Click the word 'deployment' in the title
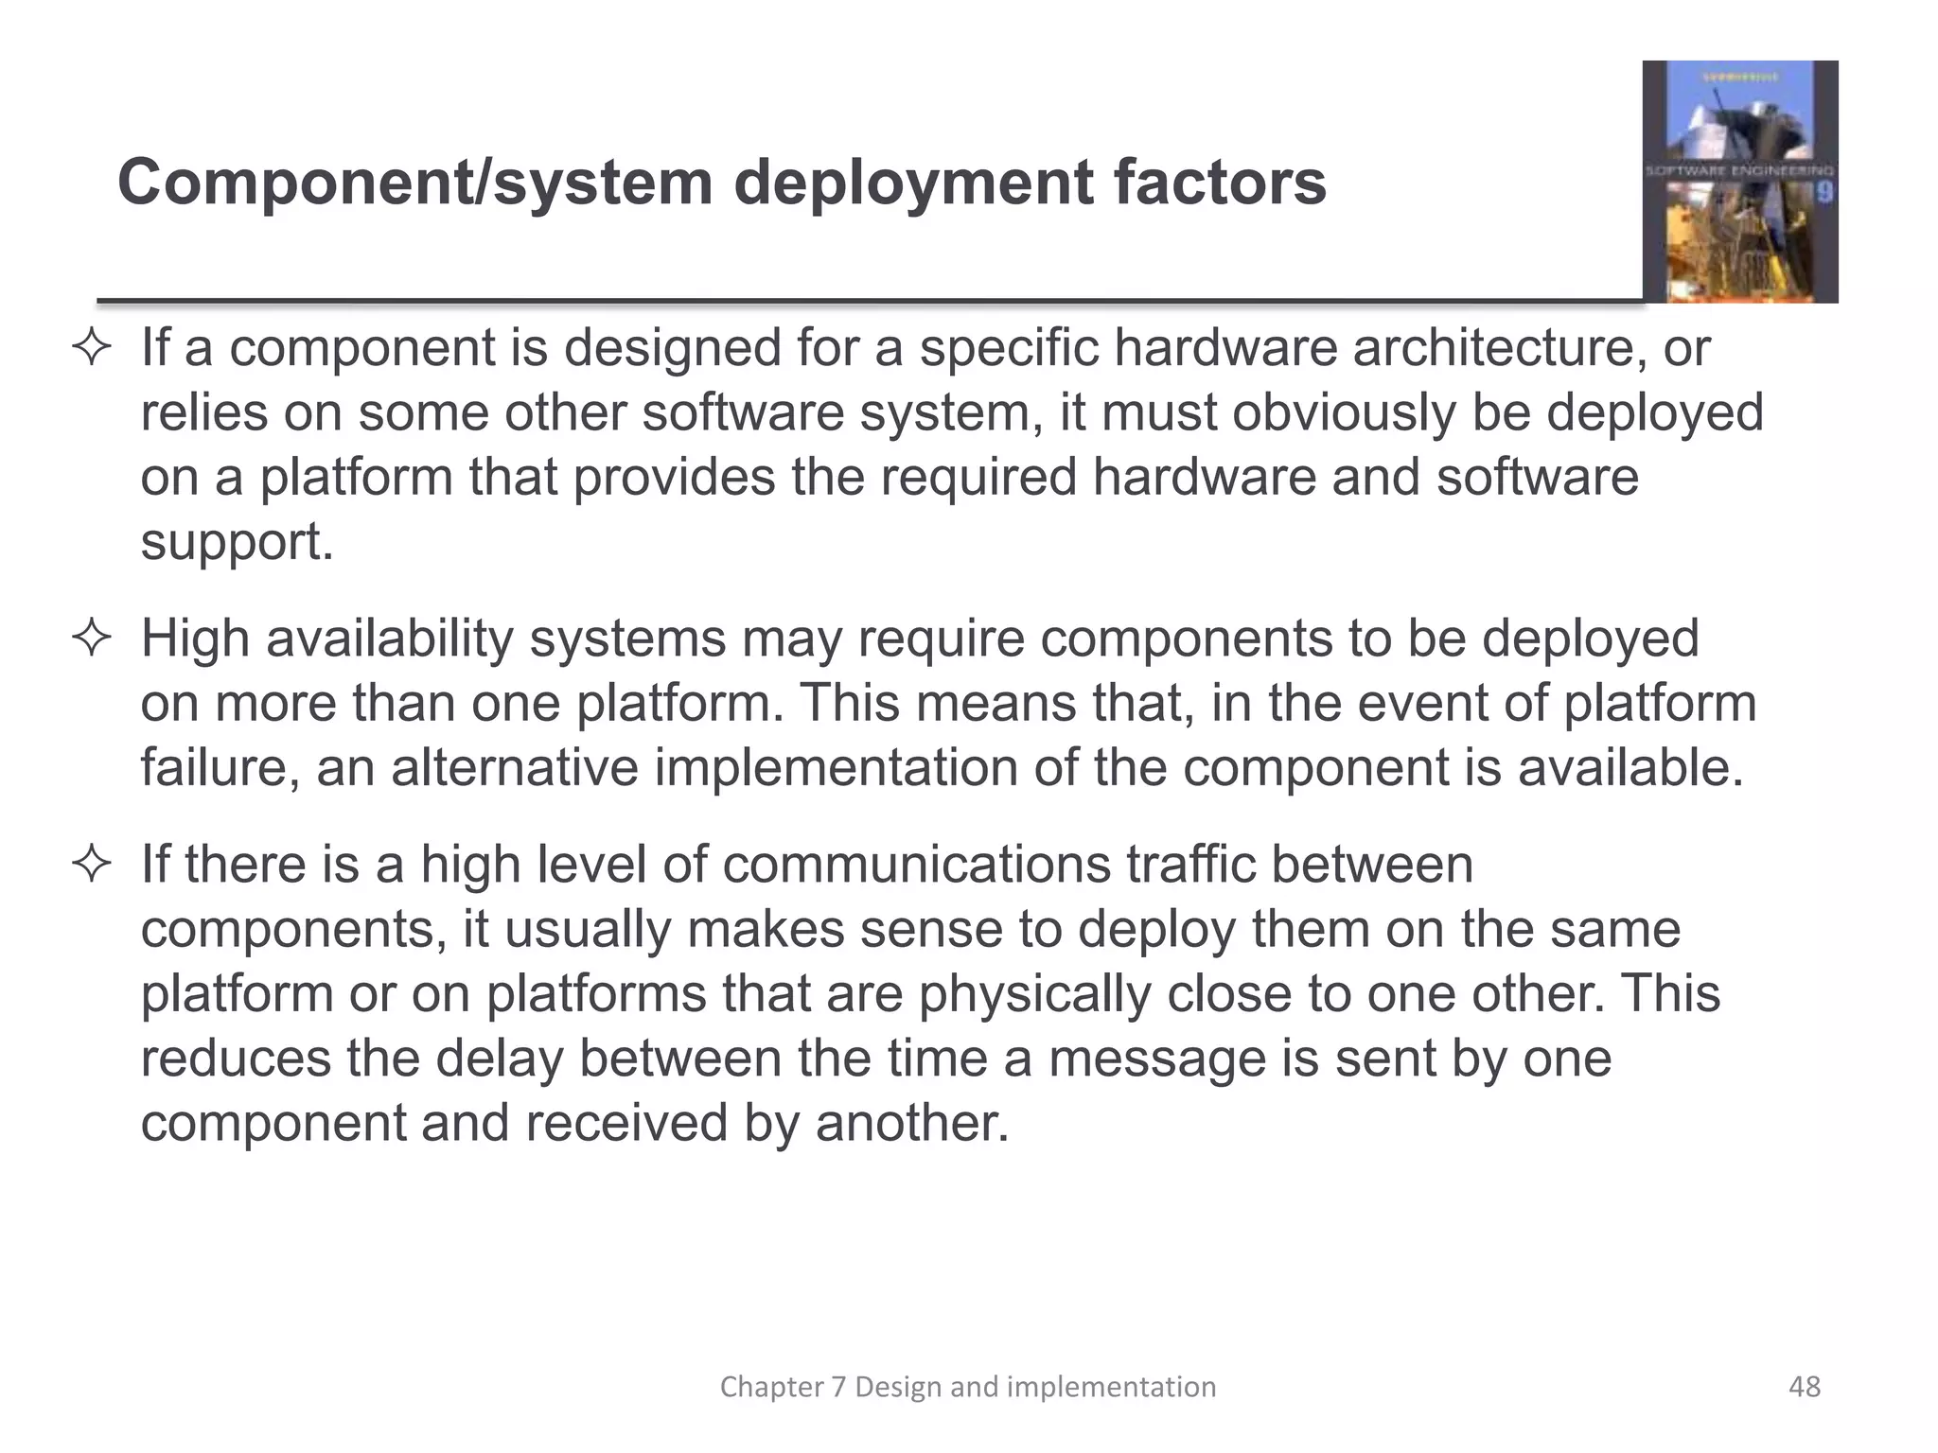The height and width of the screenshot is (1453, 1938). [912, 183]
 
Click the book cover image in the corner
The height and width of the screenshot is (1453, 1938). [1739, 182]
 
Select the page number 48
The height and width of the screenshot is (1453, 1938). [1805, 1387]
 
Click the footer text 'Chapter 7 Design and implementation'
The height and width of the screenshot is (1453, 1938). [968, 1387]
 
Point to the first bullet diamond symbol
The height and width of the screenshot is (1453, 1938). [92, 350]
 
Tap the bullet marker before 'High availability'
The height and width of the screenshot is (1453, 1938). [92, 640]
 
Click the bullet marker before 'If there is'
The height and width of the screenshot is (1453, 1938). [92, 866]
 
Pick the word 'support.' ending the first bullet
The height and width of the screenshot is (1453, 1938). [237, 543]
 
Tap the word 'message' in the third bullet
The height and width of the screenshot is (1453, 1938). [1156, 1059]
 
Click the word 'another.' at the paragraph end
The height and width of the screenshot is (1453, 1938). [912, 1123]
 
